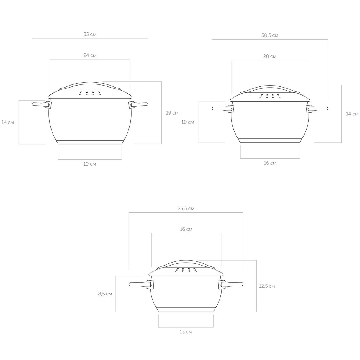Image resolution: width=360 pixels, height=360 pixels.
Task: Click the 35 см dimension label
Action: click(90, 34)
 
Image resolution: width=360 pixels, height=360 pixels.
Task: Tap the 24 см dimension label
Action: click(90, 55)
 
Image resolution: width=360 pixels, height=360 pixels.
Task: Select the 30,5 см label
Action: click(270, 35)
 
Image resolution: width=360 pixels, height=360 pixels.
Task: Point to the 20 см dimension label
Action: click(270, 56)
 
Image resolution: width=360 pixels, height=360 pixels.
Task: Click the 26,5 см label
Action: click(186, 209)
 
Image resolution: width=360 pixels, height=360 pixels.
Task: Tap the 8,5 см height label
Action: click(105, 294)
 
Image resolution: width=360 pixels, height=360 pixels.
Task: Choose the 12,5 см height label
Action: click(267, 286)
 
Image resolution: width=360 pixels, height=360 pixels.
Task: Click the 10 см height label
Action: click(188, 122)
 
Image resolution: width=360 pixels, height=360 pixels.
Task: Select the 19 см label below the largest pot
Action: click(90, 164)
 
